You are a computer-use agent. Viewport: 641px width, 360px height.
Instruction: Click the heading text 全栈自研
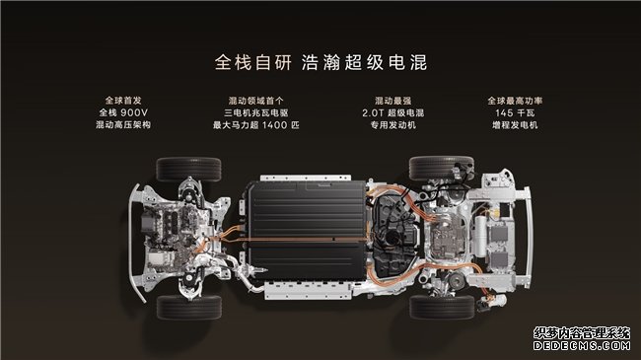point(253,62)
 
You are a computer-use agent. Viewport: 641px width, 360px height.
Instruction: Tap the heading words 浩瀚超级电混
point(364,62)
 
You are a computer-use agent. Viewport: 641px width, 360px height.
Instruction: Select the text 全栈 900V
point(123,112)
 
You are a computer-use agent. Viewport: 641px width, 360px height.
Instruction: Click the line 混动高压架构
point(123,125)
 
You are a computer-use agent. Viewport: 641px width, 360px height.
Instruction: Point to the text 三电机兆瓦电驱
point(256,112)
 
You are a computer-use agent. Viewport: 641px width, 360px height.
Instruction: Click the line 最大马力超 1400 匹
point(256,125)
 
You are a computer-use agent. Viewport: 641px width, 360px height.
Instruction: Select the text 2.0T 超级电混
point(392,112)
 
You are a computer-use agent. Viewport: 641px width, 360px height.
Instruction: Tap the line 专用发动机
point(392,125)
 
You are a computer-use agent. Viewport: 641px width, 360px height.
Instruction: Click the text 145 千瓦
point(515,112)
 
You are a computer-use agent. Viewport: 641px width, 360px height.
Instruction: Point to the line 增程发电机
point(515,125)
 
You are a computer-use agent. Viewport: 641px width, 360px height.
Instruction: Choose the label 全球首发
point(123,101)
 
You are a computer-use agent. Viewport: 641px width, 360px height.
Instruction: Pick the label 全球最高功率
point(515,101)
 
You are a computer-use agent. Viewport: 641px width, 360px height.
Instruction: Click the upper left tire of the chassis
point(189,169)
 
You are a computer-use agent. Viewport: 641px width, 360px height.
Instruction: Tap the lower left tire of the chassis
point(189,307)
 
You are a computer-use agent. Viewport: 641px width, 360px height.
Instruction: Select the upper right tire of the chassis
point(441,168)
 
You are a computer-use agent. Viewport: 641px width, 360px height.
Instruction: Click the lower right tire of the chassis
point(442,307)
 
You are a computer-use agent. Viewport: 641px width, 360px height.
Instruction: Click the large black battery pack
point(307,231)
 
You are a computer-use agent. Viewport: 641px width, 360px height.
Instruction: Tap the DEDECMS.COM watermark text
point(582,345)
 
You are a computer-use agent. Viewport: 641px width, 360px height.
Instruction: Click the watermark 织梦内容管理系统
point(582,333)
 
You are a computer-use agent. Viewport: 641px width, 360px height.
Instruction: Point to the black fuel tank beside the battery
point(394,235)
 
